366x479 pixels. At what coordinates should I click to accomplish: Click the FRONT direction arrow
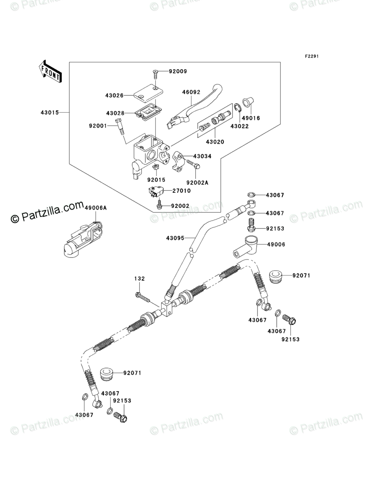(50, 71)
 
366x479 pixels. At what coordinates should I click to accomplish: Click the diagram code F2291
(312, 56)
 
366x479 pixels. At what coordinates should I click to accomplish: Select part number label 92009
(178, 71)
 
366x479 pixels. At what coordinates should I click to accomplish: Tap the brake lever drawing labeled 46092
(194, 105)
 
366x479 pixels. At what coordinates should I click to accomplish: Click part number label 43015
(50, 113)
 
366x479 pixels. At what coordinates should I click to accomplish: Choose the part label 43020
(215, 142)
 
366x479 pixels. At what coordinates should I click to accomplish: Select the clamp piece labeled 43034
(178, 162)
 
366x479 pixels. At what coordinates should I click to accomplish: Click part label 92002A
(197, 183)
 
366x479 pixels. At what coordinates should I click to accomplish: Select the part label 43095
(175, 238)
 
